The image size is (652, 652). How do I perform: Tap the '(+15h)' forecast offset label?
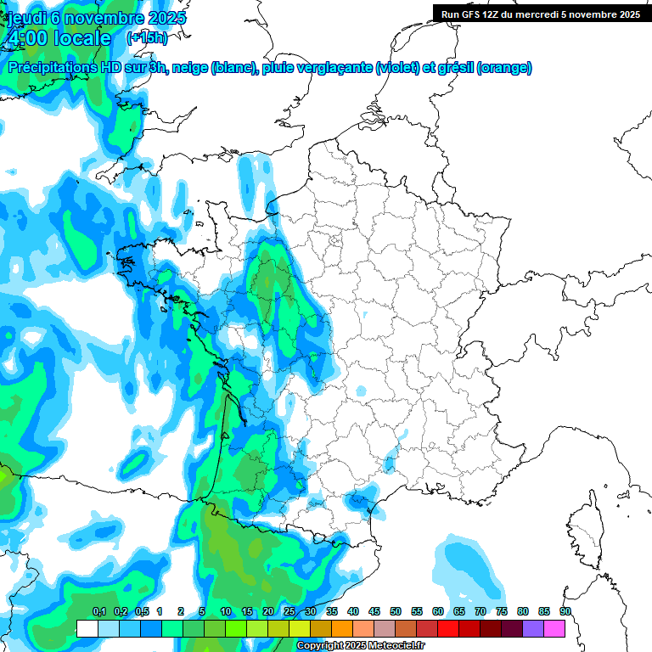tap(147, 38)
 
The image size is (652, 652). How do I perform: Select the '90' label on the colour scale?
tap(565, 612)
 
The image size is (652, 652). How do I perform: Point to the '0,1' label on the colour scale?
tap(98, 612)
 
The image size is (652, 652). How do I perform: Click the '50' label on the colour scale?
tap(396, 612)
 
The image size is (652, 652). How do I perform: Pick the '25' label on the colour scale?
tap(289, 612)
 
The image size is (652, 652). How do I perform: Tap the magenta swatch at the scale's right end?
tap(554, 628)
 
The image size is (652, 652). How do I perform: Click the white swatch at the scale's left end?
tap(87, 628)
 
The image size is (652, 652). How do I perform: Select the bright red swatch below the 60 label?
tap(448, 628)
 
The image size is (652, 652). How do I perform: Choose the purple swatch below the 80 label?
tap(533, 628)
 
